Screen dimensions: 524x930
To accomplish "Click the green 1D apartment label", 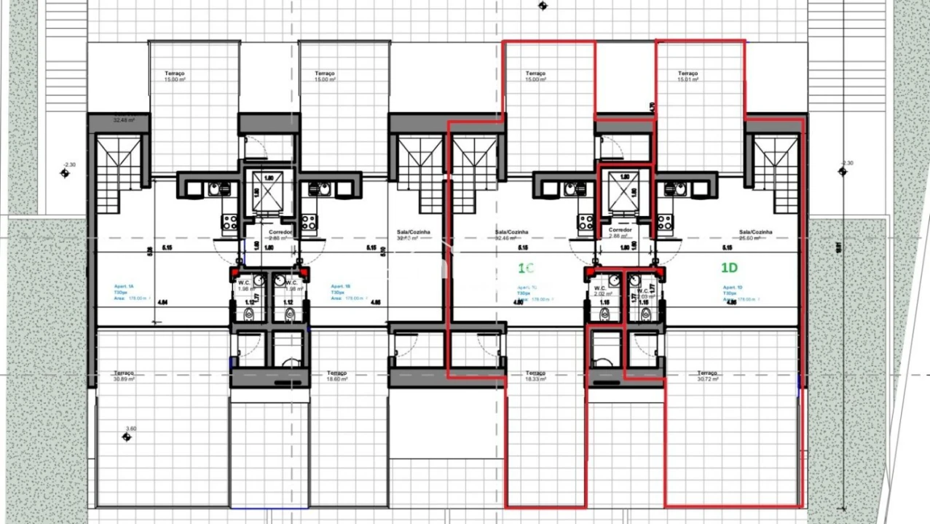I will click(729, 268).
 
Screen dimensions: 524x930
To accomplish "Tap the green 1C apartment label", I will click(526, 268).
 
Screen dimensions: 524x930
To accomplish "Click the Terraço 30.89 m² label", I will click(124, 376).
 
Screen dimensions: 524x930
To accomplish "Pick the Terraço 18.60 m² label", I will click(337, 376).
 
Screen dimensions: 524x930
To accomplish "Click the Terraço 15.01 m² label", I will click(687, 76).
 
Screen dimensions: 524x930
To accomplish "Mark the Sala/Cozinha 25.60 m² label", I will click(755, 235).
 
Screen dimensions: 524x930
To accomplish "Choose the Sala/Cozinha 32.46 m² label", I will click(511, 235).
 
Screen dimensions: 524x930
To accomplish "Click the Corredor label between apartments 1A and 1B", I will click(280, 234).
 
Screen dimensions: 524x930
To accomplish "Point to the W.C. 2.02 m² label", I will click(602, 290).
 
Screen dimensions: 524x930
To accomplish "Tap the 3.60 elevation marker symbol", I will click(127, 437).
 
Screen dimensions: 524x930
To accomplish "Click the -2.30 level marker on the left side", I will click(65, 173).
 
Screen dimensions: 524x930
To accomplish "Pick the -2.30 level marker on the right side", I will click(843, 172).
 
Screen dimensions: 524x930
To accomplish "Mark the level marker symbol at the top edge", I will click(542, 7).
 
